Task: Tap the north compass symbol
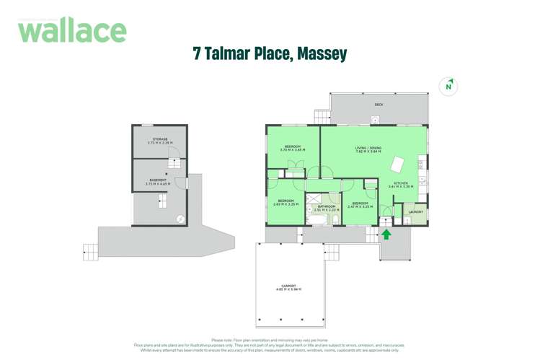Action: [x=448, y=87]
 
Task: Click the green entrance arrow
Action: [x=386, y=234]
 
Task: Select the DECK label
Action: [x=379, y=105]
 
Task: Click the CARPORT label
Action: [x=288, y=286]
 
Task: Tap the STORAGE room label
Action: [x=159, y=139]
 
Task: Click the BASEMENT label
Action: [x=158, y=180]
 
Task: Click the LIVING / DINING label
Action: [x=368, y=148]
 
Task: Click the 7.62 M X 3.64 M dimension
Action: [x=368, y=152]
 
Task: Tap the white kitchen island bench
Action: [x=397, y=164]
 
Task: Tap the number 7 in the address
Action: [x=197, y=53]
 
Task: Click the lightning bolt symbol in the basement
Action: [x=180, y=219]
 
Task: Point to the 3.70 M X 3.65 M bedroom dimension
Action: [x=292, y=151]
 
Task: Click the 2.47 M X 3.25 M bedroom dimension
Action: [x=359, y=207]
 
